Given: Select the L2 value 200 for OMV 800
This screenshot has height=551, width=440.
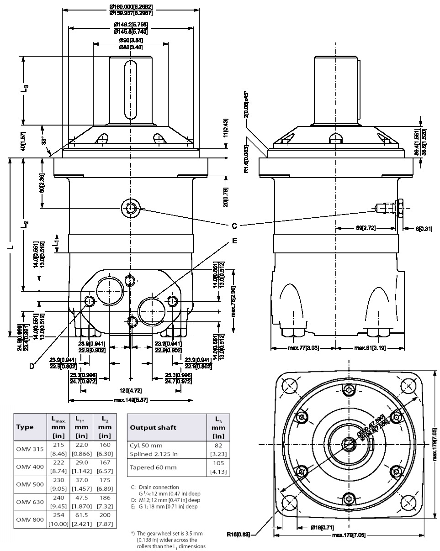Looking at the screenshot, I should pos(105,515).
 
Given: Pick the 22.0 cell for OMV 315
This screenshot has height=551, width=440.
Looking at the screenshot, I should pos(81,445).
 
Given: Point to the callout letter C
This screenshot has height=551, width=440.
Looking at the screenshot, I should pos(234,226).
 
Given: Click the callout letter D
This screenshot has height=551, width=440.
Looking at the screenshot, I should pos(32,365).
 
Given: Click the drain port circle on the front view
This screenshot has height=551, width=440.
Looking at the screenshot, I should pos(131,209).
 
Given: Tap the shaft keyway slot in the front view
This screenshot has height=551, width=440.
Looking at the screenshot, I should pos(131,87).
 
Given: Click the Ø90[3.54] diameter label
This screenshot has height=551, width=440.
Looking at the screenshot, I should pos(131,41).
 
